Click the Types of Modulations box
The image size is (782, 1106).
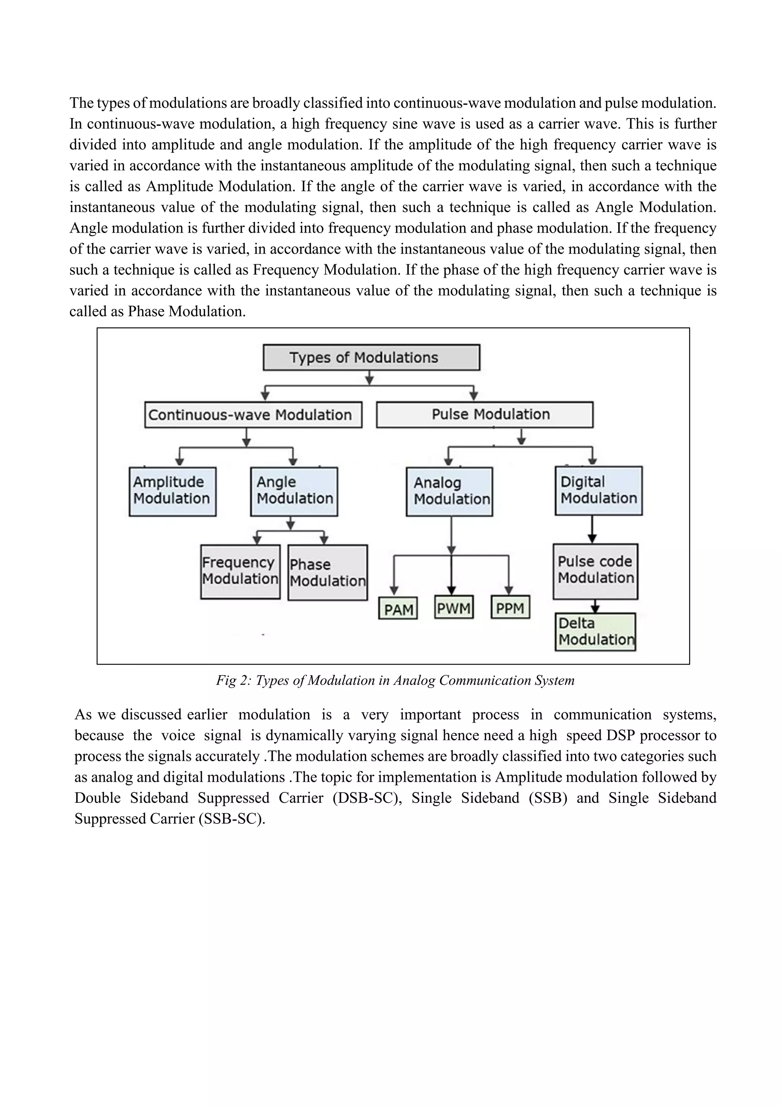(x=371, y=357)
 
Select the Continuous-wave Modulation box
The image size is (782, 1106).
(x=253, y=415)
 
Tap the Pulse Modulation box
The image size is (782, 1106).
(x=485, y=414)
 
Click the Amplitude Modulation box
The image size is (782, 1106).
(x=172, y=492)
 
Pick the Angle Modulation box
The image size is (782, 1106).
(x=294, y=492)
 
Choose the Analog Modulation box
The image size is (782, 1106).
(x=449, y=492)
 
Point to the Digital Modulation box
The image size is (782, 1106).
(x=599, y=490)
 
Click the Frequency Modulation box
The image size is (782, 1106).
(x=240, y=572)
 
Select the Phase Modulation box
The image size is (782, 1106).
(x=328, y=573)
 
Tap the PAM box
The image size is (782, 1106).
(x=398, y=609)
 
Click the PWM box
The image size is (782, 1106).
(x=454, y=608)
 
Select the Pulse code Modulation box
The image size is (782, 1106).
(x=595, y=571)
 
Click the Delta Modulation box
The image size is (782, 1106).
(x=595, y=632)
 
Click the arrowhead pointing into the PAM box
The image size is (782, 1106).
(x=394, y=590)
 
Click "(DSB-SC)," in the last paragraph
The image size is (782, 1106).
(x=367, y=798)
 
